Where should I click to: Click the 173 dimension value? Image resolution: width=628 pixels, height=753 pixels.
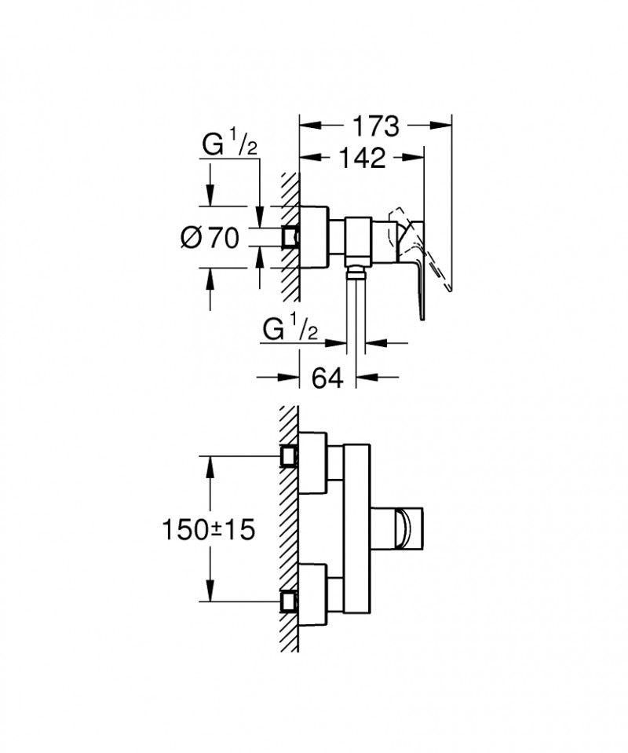tap(375, 125)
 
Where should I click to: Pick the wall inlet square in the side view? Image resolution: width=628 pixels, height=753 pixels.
tap(290, 237)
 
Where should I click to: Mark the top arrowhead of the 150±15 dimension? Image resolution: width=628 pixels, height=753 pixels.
tap(210, 463)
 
